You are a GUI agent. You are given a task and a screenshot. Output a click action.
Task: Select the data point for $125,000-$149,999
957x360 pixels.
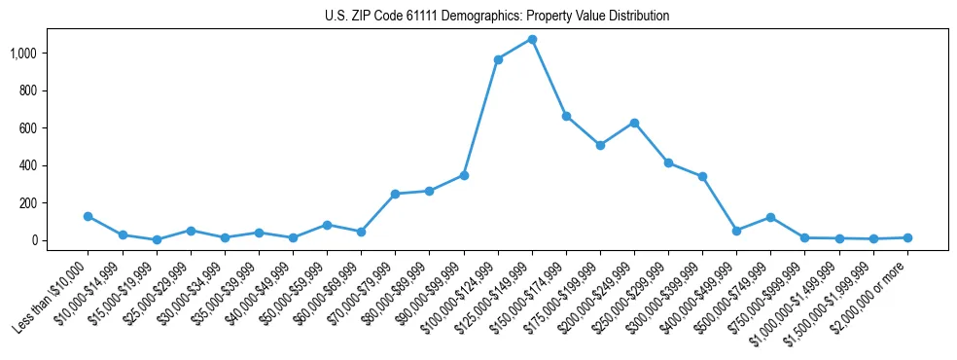[x=532, y=40]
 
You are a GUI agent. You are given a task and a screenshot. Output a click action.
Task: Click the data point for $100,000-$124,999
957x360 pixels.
[x=498, y=59]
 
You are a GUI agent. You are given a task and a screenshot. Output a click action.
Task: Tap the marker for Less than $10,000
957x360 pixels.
[x=89, y=216]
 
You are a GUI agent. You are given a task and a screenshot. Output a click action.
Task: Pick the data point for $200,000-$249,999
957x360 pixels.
[x=634, y=123]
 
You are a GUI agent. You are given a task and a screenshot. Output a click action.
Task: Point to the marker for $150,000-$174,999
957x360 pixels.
[x=566, y=116]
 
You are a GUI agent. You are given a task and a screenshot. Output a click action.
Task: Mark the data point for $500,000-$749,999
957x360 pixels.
[x=770, y=217]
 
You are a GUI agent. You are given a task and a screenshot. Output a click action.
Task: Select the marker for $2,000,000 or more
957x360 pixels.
[x=907, y=237]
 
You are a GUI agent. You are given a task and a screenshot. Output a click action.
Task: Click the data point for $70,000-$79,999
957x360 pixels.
[x=395, y=194]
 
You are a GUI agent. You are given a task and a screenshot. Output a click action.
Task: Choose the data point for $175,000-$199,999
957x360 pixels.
[x=600, y=145]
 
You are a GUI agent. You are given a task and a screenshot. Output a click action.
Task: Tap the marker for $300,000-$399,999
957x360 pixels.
[x=702, y=176]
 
